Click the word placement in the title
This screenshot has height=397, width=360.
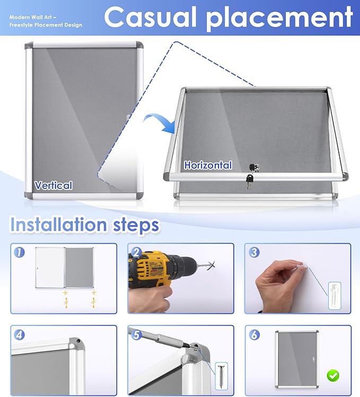coord(280,18)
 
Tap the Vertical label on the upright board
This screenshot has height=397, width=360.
coord(53,185)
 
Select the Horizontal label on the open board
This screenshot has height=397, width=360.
coord(208,165)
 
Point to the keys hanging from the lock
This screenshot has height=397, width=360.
coord(249,181)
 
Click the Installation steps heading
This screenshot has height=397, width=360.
coord(85,225)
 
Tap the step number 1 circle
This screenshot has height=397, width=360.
coord(20,252)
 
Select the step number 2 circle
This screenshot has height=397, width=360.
coord(136,252)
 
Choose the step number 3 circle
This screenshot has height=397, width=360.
coord(254,252)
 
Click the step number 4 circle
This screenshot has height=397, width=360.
coord(20,335)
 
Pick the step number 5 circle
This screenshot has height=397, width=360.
coord(136,335)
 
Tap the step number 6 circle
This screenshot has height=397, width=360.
coord(254,335)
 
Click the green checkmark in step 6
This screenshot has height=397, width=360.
coord(333,376)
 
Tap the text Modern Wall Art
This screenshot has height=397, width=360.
coord(33,17)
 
